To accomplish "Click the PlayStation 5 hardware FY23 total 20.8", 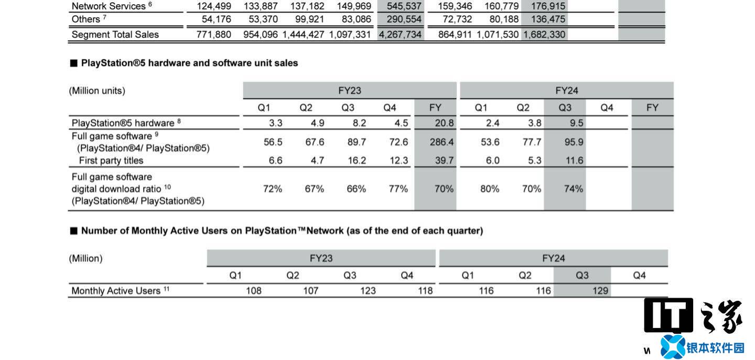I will (444, 124).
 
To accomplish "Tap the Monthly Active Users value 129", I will (600, 291).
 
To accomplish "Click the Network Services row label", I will (108, 6).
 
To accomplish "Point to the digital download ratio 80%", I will (489, 189).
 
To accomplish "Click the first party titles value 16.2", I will (357, 161).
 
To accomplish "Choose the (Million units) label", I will (97, 91).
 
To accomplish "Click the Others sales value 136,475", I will (545, 19).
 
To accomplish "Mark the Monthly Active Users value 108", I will (254, 291).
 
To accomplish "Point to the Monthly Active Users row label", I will (116, 291).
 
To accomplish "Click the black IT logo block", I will (668, 315).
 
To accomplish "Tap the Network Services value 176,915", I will (545, 6).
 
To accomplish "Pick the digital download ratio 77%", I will (398, 189).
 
